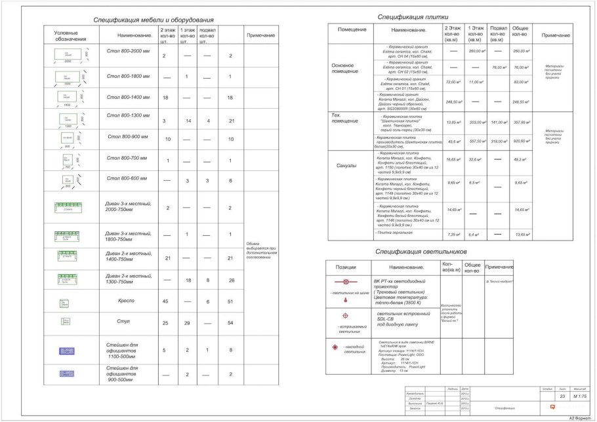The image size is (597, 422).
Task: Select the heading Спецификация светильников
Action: pos(421,251)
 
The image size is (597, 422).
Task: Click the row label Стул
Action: pos(126,322)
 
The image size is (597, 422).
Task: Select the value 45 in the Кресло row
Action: pos(165,301)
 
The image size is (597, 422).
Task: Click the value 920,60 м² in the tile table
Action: pos(522,142)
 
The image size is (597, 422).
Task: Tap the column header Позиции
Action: pos(346,267)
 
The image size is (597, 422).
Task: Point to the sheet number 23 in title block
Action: pos(562,396)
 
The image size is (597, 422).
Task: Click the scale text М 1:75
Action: pos(580,396)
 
